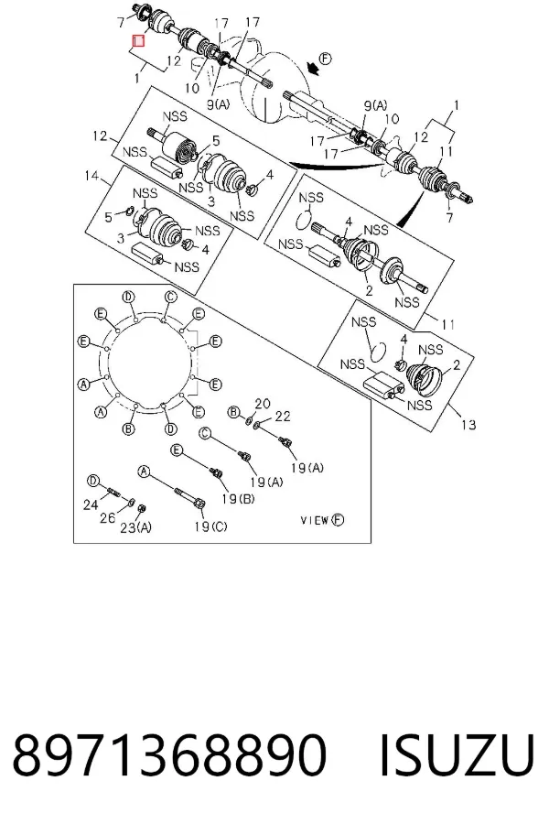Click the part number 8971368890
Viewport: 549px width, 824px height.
click(x=169, y=754)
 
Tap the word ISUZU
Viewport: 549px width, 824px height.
click(x=457, y=755)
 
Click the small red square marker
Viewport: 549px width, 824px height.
click(x=139, y=40)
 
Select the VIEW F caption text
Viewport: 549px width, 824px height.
click(x=322, y=520)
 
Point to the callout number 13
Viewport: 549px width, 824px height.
click(x=468, y=424)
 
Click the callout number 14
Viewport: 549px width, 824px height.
click(x=92, y=175)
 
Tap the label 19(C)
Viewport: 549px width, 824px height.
click(x=210, y=526)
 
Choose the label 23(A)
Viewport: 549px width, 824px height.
click(x=136, y=527)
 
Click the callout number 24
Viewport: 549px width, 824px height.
click(x=91, y=505)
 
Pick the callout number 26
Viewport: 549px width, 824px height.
click(x=108, y=518)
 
